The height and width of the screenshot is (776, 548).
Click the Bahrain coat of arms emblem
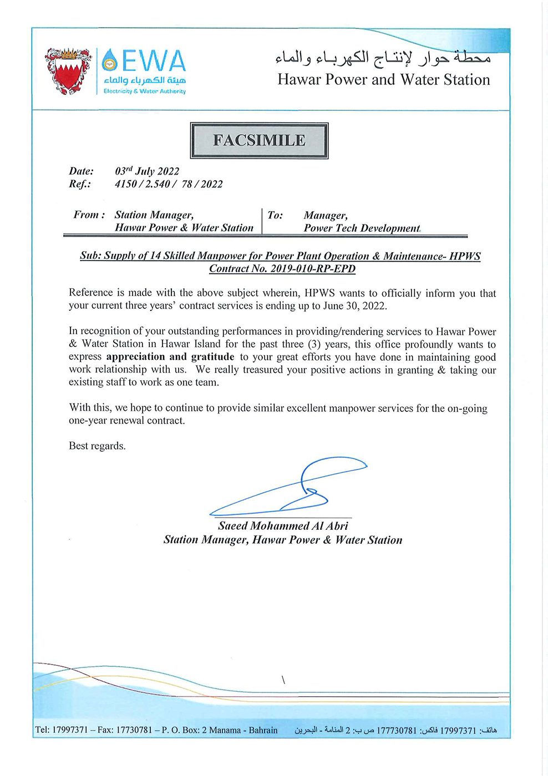68,71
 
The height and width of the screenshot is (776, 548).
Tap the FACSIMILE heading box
259,140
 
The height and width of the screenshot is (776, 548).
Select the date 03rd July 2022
147,171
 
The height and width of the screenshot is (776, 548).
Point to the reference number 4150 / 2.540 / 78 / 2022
169,184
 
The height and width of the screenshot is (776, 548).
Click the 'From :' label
89,215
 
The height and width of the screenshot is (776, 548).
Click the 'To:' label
275,215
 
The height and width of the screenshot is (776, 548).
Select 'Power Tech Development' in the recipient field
362,228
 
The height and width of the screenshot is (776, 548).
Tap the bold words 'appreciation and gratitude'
170,357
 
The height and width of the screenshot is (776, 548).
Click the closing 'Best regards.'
97,446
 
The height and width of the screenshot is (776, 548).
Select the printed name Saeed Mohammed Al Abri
283,526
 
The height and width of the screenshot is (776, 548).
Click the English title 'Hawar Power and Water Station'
384,80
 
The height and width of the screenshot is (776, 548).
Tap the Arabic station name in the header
383,57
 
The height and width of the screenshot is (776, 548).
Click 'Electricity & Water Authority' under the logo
145,91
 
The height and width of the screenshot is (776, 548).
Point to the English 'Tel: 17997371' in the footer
62,730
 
